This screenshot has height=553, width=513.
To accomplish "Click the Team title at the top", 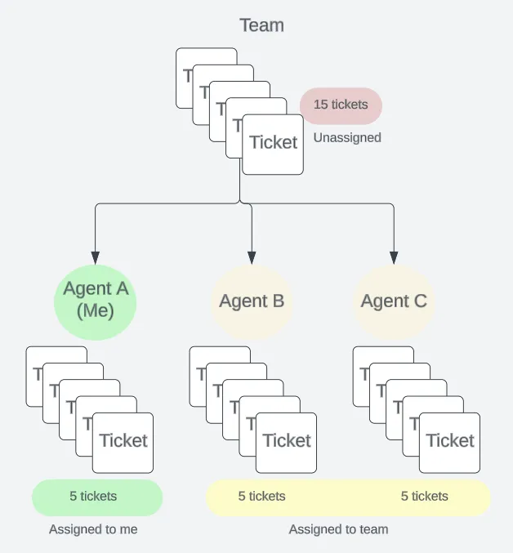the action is tap(261, 25).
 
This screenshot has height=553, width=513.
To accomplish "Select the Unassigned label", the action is tap(347, 137).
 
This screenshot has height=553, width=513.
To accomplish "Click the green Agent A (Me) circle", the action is tap(96, 302).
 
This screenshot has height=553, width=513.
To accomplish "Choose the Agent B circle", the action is tap(252, 301).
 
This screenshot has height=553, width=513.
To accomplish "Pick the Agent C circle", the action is tap(394, 301).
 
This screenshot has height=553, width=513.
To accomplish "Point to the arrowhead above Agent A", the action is tap(96, 258).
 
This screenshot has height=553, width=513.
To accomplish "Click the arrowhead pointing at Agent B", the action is tap(252, 258).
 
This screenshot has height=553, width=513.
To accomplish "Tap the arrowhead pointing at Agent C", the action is tap(394, 258).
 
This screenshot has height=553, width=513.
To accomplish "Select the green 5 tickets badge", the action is tap(97, 497).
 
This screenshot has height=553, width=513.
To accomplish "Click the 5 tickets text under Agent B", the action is tap(261, 496).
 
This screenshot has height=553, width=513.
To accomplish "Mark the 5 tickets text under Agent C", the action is tap(425, 496).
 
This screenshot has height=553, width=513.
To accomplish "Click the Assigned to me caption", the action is tap(93, 529).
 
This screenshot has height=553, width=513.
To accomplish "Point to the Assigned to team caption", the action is tap(338, 529).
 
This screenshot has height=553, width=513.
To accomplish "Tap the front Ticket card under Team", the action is tap(273, 145).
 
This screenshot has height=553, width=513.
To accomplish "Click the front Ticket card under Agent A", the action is tap(123, 443).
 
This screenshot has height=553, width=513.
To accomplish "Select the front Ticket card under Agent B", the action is tap(286, 443).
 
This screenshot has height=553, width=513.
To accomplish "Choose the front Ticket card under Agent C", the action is tap(449, 443).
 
